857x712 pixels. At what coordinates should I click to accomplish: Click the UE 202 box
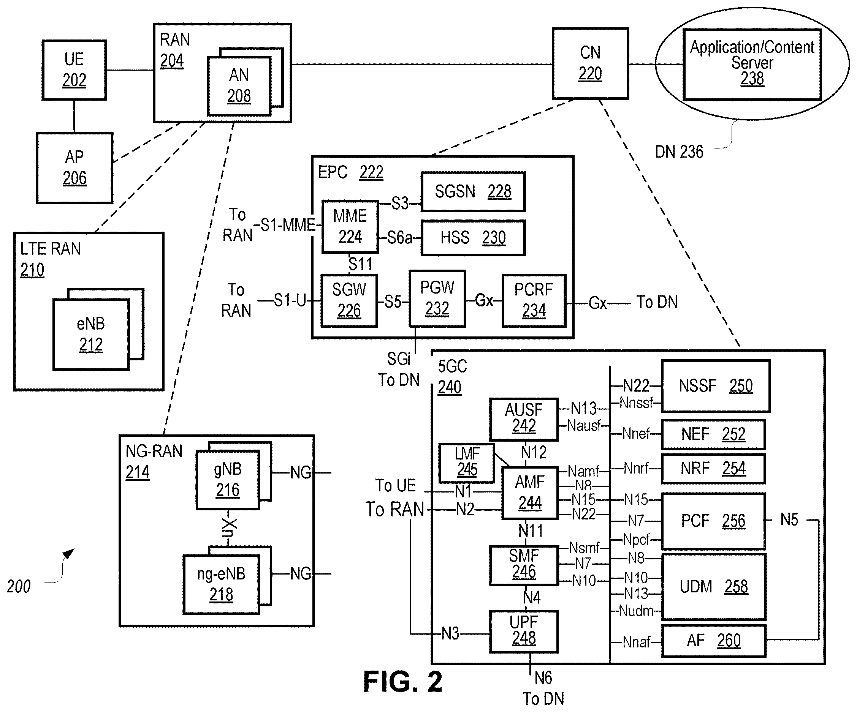pos(74,70)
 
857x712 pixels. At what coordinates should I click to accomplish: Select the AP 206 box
pos(75,167)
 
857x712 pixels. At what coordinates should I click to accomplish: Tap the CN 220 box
pos(590,64)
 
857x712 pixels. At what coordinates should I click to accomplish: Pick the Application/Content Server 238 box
pos(752,65)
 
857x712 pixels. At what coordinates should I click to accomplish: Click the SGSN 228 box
pos(473,192)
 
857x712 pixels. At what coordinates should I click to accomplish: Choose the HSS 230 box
pos(473,238)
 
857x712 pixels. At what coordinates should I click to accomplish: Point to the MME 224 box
pos(350,226)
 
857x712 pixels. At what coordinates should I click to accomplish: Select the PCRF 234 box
pos(534,300)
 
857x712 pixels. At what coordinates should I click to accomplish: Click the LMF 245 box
pos(467,463)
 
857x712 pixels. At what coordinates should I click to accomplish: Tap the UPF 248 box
pos(524,631)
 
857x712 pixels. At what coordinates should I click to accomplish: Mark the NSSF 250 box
pos(715,386)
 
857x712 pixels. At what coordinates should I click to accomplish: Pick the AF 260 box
pos(713,641)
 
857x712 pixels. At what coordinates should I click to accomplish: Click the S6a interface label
pos(399,238)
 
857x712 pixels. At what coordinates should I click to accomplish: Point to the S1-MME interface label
pos(288,225)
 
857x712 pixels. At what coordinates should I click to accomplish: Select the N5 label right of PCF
pos(789,520)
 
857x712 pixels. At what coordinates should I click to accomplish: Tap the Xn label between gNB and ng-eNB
pos(229,528)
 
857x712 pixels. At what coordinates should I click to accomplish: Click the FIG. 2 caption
pos(402,682)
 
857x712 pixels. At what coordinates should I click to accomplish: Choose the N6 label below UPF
pos(543,678)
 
